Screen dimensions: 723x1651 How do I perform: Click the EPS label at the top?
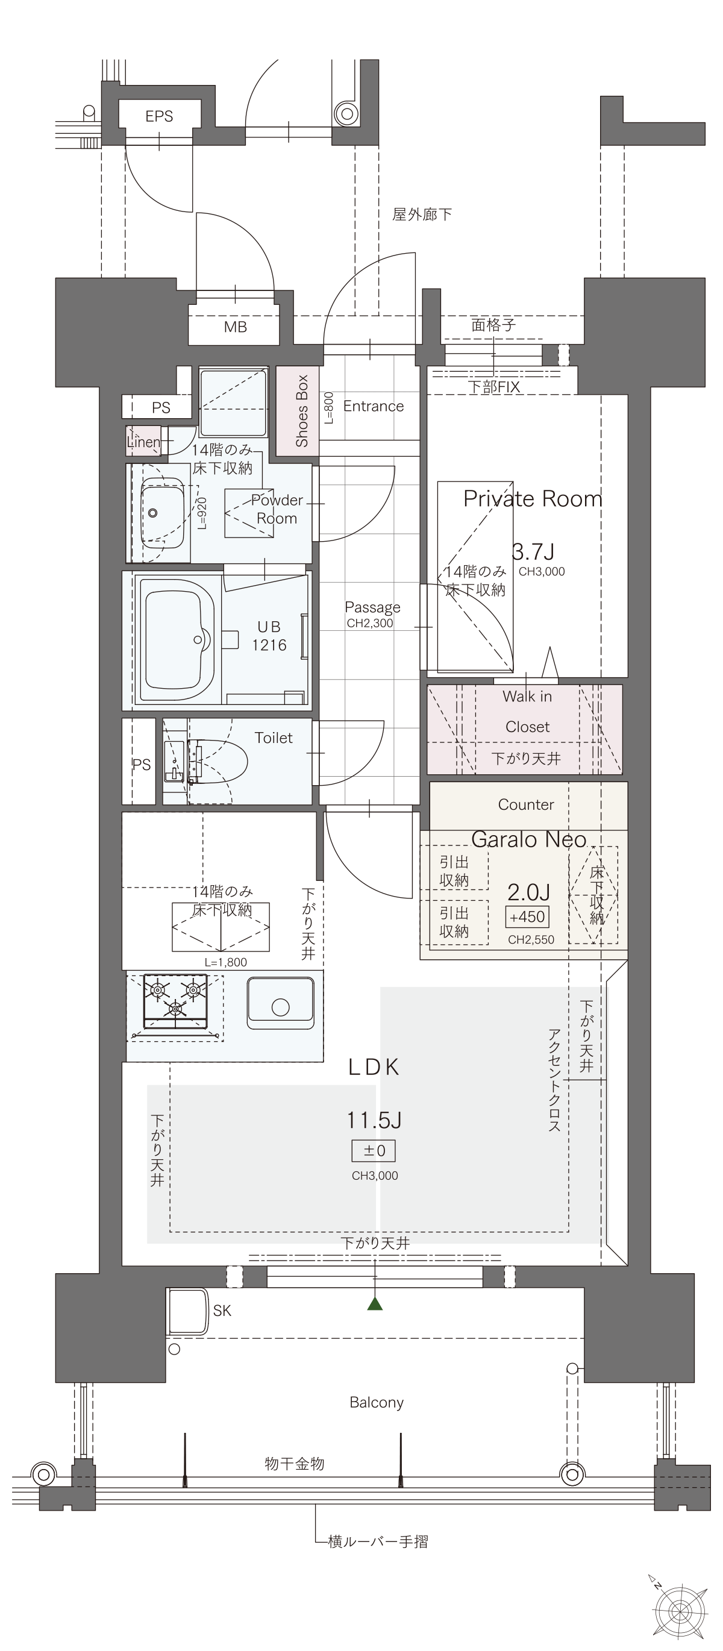click(x=159, y=116)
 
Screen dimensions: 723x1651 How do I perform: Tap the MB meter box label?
click(x=235, y=327)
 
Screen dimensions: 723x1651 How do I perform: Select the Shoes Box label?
click(x=302, y=411)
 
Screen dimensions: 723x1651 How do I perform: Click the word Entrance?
click(x=374, y=406)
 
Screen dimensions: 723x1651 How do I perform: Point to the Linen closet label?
click(x=143, y=442)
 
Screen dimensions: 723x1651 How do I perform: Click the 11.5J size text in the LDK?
click(x=374, y=1120)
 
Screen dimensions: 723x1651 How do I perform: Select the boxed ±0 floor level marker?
click(x=374, y=1150)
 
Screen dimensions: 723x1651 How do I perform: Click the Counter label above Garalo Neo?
click(x=525, y=804)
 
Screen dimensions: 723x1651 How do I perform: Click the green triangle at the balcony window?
click(x=375, y=1303)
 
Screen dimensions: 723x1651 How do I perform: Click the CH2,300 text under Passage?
click(x=370, y=623)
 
